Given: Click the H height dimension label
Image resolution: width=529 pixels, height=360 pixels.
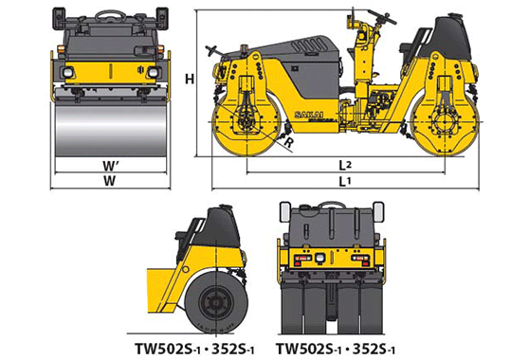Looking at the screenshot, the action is pyautogui.click(x=190, y=80).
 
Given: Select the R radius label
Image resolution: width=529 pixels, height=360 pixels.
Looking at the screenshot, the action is pyautogui.click(x=289, y=143).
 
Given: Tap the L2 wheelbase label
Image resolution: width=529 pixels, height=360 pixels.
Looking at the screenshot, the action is pyautogui.click(x=345, y=165).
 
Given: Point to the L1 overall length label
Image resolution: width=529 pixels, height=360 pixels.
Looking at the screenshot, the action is pyautogui.click(x=345, y=182).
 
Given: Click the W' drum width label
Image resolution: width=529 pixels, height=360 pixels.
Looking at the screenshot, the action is pyautogui.click(x=111, y=166).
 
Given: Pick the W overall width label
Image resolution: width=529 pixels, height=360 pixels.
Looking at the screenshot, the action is pyautogui.click(x=109, y=181).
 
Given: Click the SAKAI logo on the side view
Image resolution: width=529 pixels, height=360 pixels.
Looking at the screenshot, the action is pyautogui.click(x=309, y=115).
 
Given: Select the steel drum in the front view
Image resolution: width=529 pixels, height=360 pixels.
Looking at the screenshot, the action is pyautogui.click(x=111, y=131).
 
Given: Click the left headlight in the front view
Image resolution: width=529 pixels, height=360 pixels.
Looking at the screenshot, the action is pyautogui.click(x=68, y=72).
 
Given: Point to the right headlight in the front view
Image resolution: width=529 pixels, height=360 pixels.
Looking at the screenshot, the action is pyautogui.click(x=154, y=72).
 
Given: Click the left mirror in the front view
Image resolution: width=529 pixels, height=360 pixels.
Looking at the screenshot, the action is pyautogui.click(x=59, y=18).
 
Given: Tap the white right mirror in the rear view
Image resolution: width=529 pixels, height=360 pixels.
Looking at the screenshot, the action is pyautogui.click(x=378, y=212).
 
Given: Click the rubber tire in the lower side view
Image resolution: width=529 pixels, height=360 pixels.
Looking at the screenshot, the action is pyautogui.click(x=216, y=302).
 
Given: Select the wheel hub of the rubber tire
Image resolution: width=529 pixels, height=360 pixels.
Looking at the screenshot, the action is pyautogui.click(x=215, y=303).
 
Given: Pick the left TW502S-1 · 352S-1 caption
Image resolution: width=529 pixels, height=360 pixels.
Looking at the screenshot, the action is pyautogui.click(x=194, y=349).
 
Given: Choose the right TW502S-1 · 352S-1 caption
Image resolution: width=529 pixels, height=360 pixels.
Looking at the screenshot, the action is pyautogui.click(x=336, y=349).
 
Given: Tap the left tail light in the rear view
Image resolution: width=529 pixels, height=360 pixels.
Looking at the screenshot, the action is pyautogui.click(x=302, y=259).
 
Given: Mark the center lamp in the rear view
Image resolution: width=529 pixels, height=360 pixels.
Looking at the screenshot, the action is pyautogui.click(x=319, y=258).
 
